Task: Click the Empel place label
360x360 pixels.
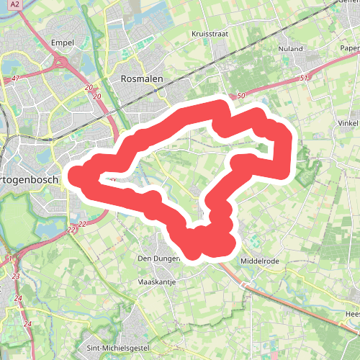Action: tap(63, 43)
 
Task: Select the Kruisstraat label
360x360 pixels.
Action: tap(210, 34)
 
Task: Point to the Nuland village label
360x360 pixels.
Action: tap(292, 49)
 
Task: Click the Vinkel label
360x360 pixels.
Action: tap(348, 122)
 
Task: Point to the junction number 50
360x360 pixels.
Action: tap(240, 95)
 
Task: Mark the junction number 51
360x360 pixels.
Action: tap(305, 78)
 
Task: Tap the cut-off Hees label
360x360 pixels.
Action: tap(352, 315)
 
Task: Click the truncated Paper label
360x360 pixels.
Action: tap(349, 49)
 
